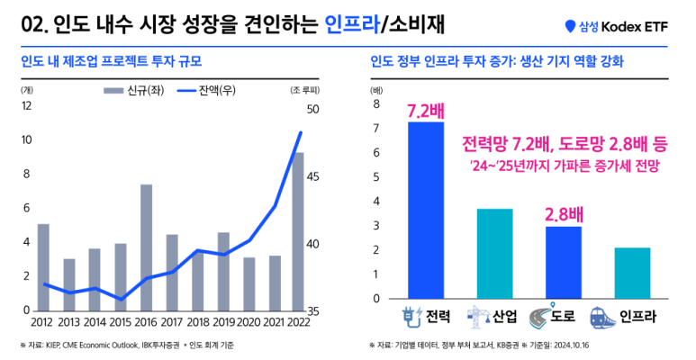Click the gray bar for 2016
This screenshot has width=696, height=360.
point(146,247)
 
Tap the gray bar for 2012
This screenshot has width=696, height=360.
point(43,266)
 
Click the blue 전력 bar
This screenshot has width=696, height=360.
point(426,211)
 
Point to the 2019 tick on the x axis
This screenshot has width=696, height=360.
point(223,322)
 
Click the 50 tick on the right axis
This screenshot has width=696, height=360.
point(312,110)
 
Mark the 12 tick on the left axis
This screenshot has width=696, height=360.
point(26,105)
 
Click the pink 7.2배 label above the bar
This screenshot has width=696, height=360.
point(425,111)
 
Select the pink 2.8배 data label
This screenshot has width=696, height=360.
point(564,213)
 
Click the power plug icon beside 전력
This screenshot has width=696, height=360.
point(411,317)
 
